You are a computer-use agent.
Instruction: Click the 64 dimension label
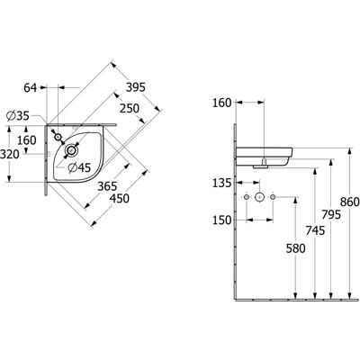pos(31,88)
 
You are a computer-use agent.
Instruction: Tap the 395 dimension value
pos(135,87)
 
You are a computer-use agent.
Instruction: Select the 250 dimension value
pos(130,108)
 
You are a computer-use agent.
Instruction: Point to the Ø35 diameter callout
pos(18,116)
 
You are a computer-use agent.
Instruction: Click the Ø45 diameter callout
pos(79,167)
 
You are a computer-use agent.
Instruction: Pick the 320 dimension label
pos(10,155)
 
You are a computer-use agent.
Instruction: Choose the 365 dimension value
pos(107,186)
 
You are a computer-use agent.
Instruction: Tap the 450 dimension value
pos(120,198)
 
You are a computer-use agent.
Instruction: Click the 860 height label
pos(349,202)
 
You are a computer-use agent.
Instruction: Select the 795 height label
pos(331,215)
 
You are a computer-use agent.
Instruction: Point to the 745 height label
pos(315,230)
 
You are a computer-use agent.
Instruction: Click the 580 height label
pos(295,248)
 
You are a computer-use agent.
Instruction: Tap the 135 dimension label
pos(222,183)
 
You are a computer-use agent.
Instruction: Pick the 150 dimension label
pos(222,220)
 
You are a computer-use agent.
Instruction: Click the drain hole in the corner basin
pos(71,149)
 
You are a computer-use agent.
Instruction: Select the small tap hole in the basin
pos(58,137)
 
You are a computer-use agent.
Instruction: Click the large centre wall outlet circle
pos(259,197)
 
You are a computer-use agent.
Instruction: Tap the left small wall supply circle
pos(247,197)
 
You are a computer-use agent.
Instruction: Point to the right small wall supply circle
pos(273,197)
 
